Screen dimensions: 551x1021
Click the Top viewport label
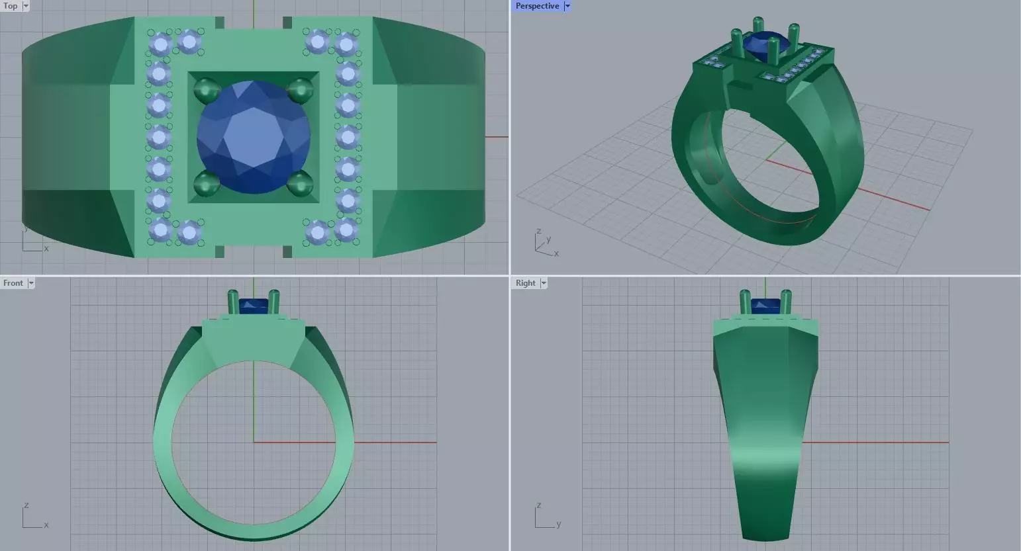click(11, 6)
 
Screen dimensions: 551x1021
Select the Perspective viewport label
click(537, 6)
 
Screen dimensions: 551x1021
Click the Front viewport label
click(13, 283)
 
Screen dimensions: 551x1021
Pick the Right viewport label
click(525, 283)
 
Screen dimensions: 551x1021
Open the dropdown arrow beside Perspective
click(567, 6)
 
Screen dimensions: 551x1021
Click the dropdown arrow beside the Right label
click(544, 283)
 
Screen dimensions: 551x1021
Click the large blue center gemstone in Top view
click(254, 137)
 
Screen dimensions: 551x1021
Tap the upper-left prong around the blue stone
click(207, 89)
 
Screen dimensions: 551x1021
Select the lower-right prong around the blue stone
click(301, 183)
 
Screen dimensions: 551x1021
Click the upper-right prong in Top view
click(301, 89)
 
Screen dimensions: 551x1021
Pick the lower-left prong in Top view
click(207, 183)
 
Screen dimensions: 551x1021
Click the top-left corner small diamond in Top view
click(160, 44)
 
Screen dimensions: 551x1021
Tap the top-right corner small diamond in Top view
click(346, 44)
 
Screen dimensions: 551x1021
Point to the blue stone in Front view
click(253, 306)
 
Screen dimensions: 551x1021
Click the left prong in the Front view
click(233, 302)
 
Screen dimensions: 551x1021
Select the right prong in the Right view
click(786, 302)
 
